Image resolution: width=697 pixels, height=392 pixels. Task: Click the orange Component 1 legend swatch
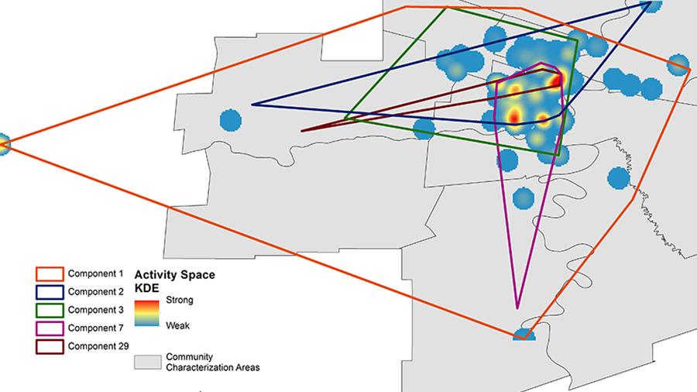pyautogui.click(x=49, y=274)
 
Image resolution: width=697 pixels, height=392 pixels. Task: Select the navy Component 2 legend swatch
pyautogui.click(x=49, y=291)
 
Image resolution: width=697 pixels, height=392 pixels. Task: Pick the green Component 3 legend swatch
pyautogui.click(x=49, y=309)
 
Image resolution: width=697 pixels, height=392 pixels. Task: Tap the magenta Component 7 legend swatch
pyautogui.click(x=49, y=326)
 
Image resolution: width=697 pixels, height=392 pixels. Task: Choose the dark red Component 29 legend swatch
pyautogui.click(x=49, y=344)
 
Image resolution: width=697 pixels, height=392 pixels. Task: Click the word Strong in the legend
pyautogui.click(x=180, y=299)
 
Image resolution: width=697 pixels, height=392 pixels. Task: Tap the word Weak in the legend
pyautogui.click(x=178, y=325)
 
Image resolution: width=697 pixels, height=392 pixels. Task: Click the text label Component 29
pyautogui.click(x=98, y=344)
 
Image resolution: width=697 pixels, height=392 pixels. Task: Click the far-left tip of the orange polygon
pyautogui.click(x=4, y=143)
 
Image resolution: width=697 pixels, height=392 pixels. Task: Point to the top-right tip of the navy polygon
pyautogui.click(x=650, y=3)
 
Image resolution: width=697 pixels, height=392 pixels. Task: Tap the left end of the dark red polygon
pyautogui.click(x=301, y=130)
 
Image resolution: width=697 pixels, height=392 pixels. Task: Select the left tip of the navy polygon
pyautogui.click(x=252, y=104)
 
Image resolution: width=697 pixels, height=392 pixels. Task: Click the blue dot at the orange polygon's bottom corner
pyautogui.click(x=524, y=335)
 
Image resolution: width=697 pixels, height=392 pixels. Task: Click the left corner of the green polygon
pyautogui.click(x=345, y=119)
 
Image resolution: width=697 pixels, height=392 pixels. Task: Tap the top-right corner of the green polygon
pyautogui.click(x=578, y=39)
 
